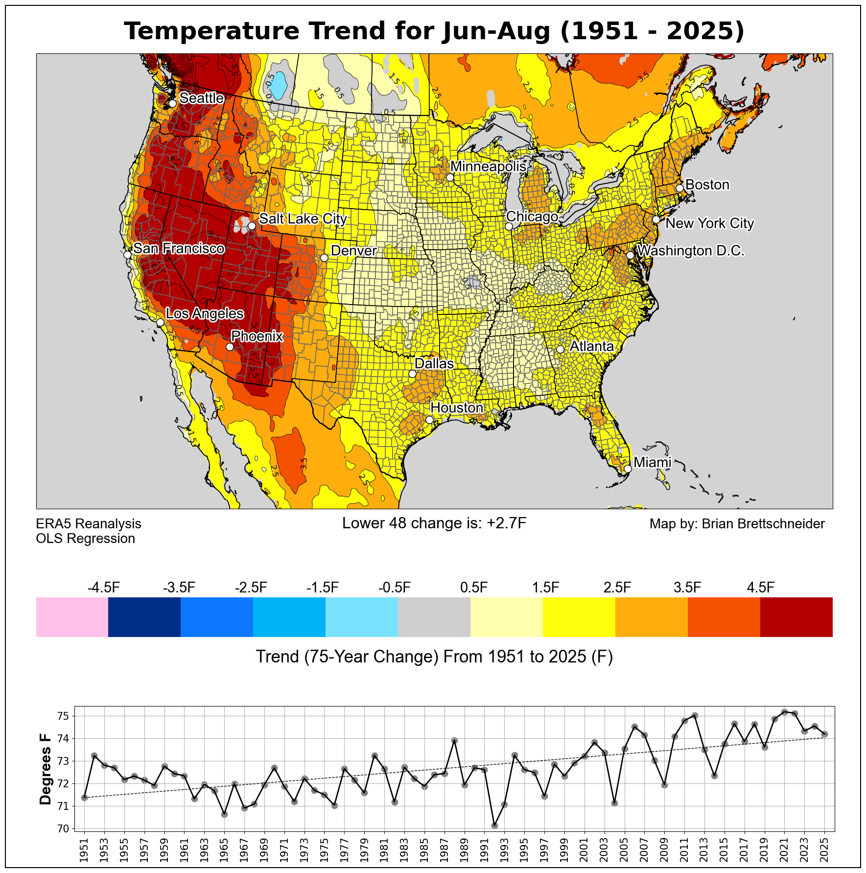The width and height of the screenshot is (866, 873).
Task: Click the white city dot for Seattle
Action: click(172, 103)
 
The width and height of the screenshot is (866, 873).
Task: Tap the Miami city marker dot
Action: click(628, 468)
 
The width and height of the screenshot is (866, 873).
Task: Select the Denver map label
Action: click(353, 251)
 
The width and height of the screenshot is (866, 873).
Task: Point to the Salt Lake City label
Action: click(303, 218)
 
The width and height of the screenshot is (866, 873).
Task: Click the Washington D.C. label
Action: click(690, 251)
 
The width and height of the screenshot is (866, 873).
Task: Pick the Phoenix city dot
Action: click(230, 347)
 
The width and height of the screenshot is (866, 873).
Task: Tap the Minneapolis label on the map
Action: click(488, 166)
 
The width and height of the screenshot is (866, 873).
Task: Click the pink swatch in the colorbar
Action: click(72, 617)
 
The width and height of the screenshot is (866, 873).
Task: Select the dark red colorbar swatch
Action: click(796, 617)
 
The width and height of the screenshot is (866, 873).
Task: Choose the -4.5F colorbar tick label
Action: click(103, 588)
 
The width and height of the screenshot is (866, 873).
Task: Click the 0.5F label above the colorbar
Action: click(474, 588)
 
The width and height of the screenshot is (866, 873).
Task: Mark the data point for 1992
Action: click(494, 826)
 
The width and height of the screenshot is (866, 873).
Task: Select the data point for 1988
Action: click(454, 741)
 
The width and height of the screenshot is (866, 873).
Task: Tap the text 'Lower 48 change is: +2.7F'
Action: click(434, 523)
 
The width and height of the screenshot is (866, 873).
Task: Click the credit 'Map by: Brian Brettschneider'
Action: click(737, 524)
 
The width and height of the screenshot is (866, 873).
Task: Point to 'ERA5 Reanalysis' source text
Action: click(89, 524)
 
